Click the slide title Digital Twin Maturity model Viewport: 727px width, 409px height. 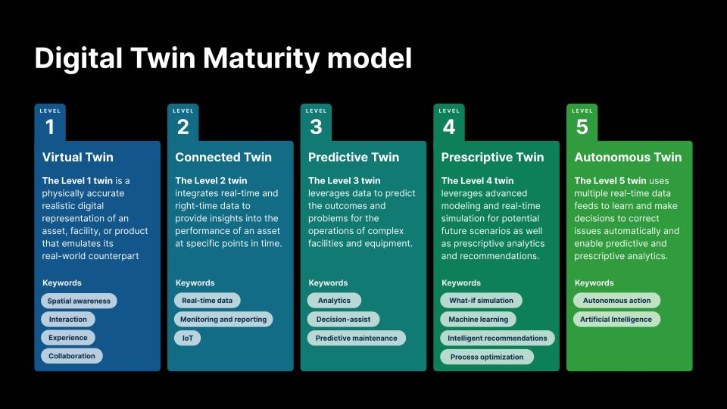(x=223, y=58)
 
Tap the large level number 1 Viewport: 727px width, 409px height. (x=50, y=127)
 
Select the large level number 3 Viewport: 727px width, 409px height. (x=316, y=127)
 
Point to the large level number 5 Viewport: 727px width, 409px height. (x=582, y=127)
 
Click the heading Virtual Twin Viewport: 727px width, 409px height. (x=77, y=158)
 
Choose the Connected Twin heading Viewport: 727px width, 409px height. (x=223, y=158)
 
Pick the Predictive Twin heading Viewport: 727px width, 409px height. (x=354, y=158)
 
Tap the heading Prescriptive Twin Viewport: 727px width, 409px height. (x=492, y=158)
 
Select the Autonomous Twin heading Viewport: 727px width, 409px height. (x=628, y=158)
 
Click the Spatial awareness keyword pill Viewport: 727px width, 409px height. (x=79, y=301)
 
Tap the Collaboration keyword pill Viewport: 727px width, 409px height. (x=72, y=356)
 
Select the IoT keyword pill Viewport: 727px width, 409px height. (x=187, y=338)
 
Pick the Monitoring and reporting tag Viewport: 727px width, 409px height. (x=223, y=319)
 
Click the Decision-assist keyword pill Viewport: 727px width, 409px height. (x=343, y=319)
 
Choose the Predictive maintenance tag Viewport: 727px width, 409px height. (x=356, y=338)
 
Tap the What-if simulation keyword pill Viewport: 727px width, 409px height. (x=481, y=301)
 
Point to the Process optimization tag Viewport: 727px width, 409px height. (x=487, y=357)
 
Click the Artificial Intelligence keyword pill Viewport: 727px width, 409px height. (x=616, y=319)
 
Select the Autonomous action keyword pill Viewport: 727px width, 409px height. (x=616, y=301)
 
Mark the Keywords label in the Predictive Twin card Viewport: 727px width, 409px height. (x=328, y=283)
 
